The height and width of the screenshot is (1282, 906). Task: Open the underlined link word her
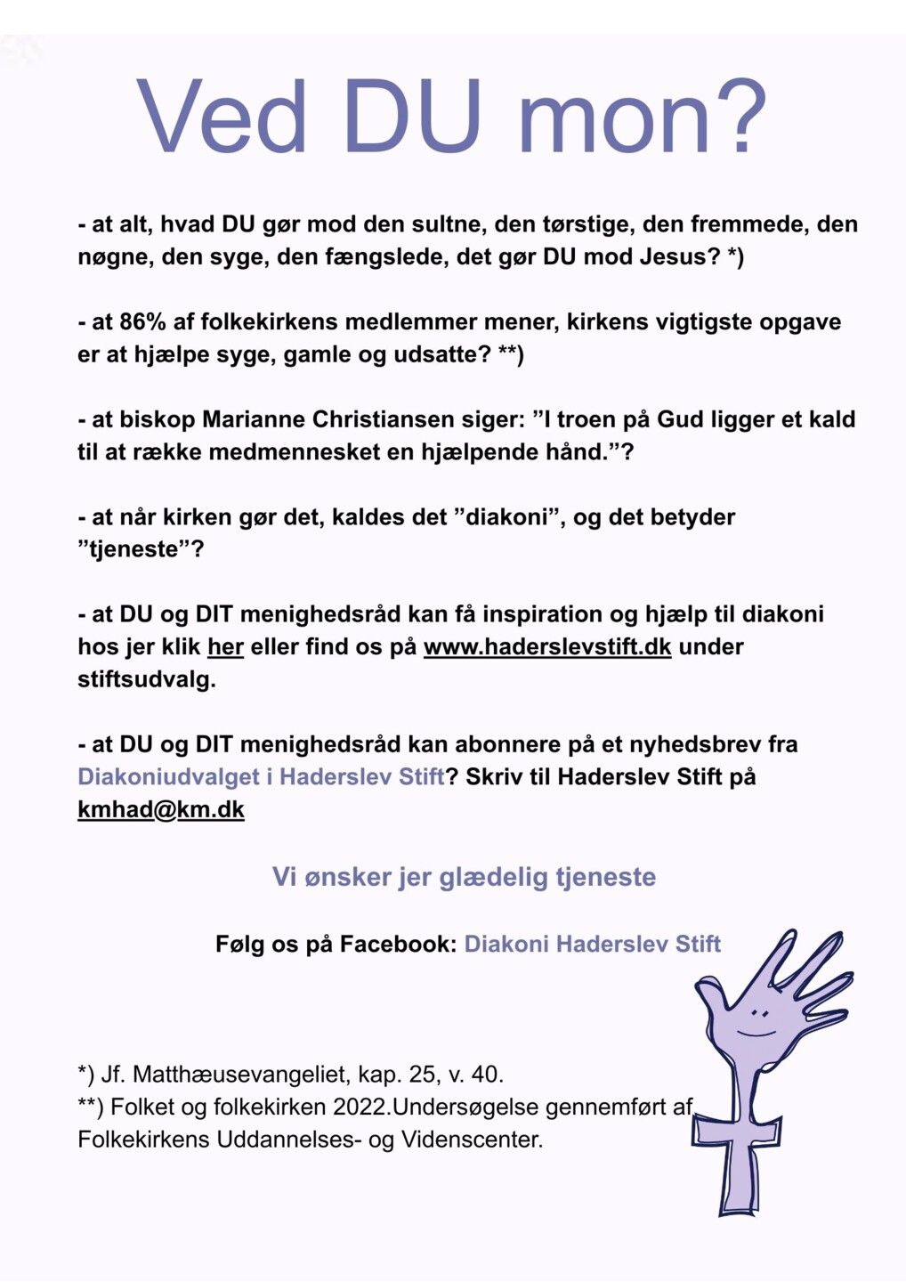(225, 647)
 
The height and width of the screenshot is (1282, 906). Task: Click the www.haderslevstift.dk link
(546, 647)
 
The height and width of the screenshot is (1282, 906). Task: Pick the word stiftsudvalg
(146, 680)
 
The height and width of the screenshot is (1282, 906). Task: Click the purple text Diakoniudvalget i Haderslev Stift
(261, 777)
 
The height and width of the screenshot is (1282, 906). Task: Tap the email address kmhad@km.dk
(161, 810)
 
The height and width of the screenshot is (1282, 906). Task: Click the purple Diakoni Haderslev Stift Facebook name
(592, 944)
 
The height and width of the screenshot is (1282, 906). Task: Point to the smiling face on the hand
(758, 1022)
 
